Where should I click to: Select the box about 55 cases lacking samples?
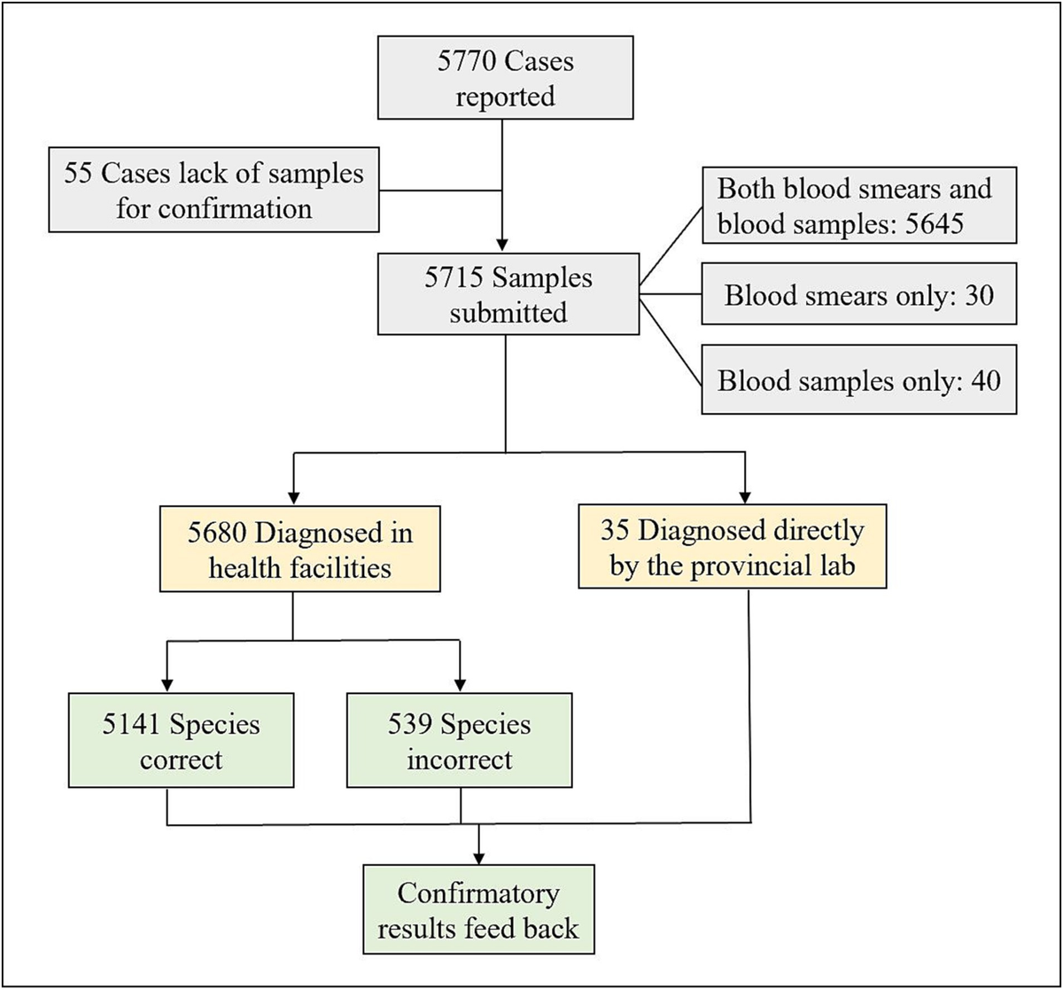coord(213,190)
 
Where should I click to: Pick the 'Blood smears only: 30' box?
coord(858,293)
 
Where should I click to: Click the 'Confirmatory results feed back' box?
coord(479,908)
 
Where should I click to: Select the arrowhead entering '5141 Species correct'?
coord(167,687)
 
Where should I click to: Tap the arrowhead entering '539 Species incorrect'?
coord(460,687)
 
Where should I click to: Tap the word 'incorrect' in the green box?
coord(460,759)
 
